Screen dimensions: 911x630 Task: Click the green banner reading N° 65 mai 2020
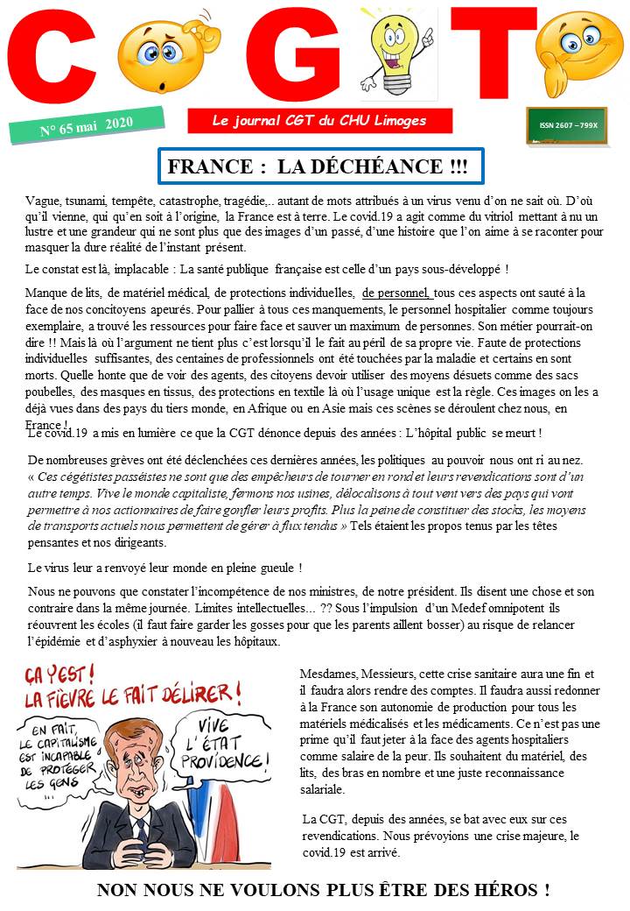87,124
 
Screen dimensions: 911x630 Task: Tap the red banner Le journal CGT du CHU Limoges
319,121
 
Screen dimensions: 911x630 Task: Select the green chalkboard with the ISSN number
567,125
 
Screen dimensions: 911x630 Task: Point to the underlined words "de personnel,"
396,293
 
